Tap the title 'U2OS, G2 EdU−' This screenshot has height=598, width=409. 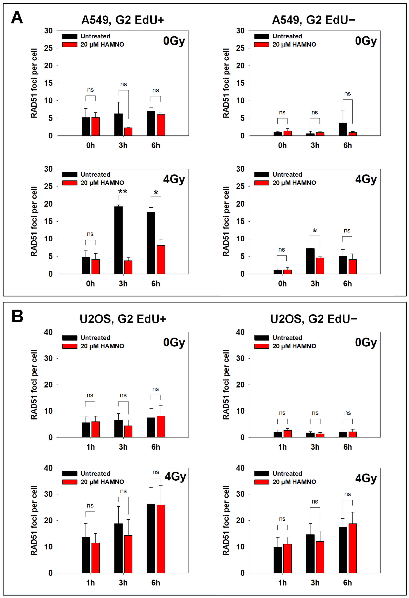[x=313, y=319]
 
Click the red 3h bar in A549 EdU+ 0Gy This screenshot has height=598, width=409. [x=128, y=132]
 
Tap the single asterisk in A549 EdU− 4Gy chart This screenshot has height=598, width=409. [x=315, y=231]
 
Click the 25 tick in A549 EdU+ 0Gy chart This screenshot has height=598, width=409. [x=48, y=48]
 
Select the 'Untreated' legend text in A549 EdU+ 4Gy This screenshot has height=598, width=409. [x=95, y=174]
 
